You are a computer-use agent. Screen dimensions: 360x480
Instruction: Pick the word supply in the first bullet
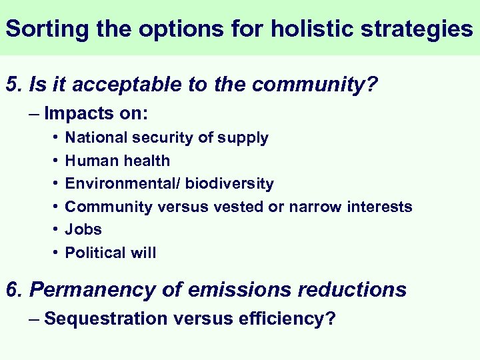pyautogui.click(x=245, y=138)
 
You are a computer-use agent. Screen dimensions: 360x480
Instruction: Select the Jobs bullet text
pyautogui.click(x=83, y=229)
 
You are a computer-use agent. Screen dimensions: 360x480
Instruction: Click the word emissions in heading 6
pyautogui.click(x=249, y=290)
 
